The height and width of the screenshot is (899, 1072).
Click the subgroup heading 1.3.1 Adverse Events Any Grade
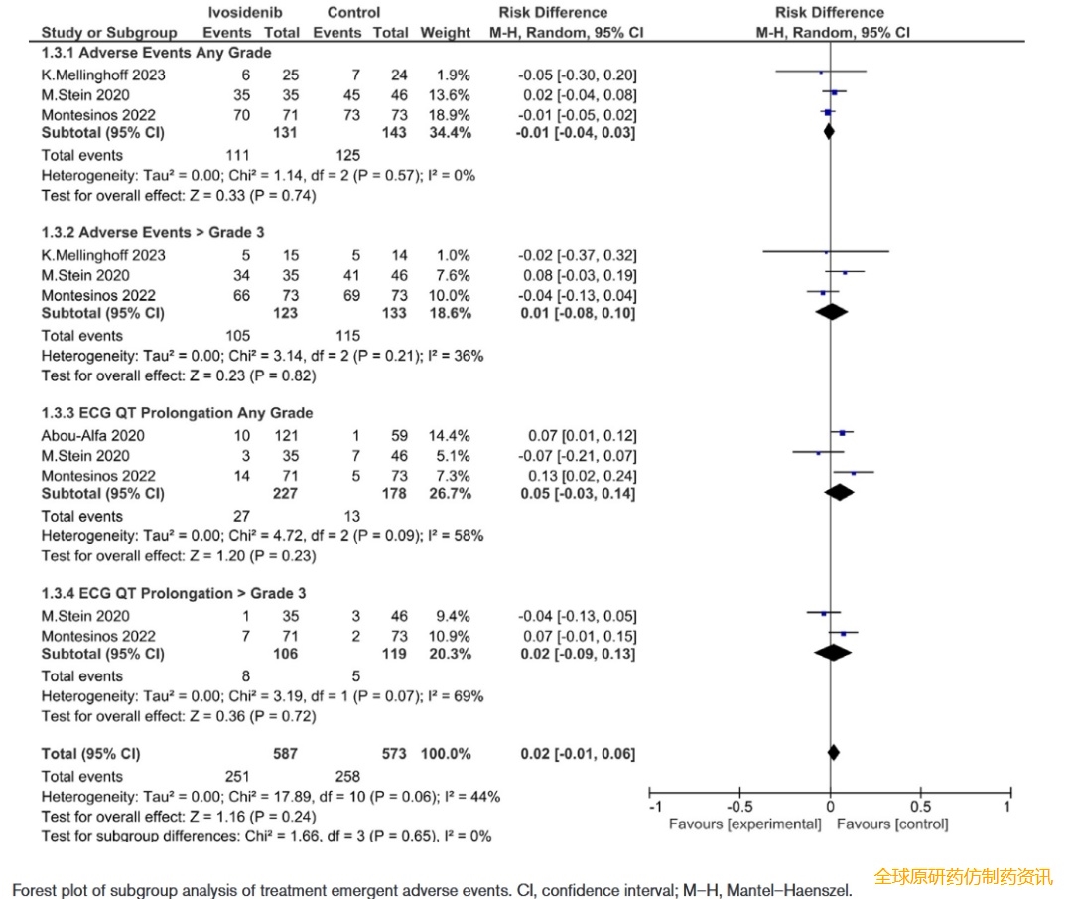click(x=156, y=53)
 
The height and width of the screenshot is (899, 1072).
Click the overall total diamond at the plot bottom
click(x=832, y=753)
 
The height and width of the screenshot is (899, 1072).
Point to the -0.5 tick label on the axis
click(x=738, y=806)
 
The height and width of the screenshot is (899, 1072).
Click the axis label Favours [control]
click(x=891, y=824)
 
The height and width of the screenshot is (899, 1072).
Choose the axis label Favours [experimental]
click(x=744, y=824)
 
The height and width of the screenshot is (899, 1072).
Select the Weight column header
click(x=445, y=32)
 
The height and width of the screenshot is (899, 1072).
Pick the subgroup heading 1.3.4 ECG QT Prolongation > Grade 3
click(x=174, y=593)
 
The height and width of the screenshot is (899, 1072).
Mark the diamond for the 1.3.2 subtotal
click(x=832, y=313)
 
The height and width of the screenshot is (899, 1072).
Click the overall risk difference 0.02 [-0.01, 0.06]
click(x=578, y=754)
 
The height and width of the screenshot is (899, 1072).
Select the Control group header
click(x=353, y=13)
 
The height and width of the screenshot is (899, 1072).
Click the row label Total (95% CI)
click(x=90, y=754)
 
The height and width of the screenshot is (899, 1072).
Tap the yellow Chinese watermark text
click(x=962, y=877)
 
